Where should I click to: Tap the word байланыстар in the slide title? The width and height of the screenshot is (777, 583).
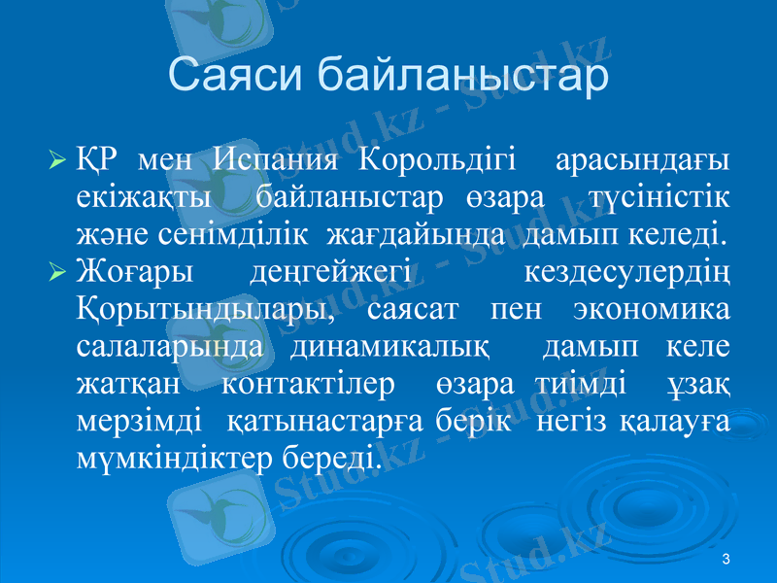(x=464, y=76)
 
